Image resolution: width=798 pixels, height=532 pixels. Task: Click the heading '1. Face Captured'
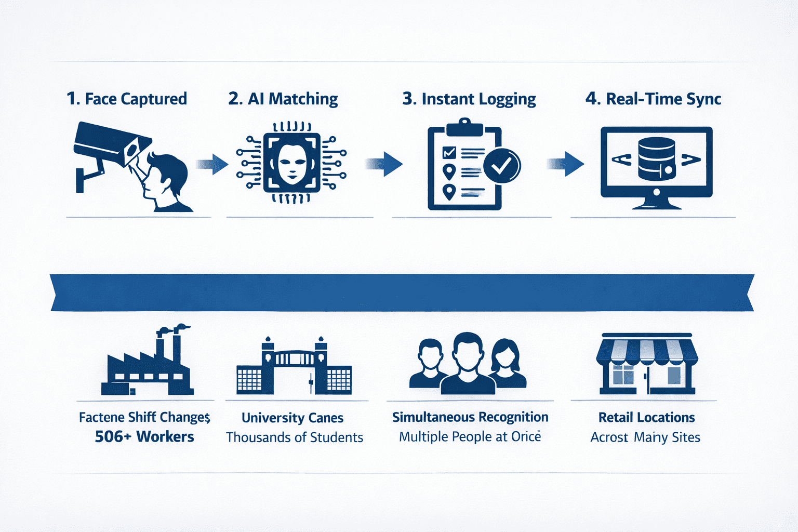[127, 99]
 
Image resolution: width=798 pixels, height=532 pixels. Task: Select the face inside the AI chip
[291, 163]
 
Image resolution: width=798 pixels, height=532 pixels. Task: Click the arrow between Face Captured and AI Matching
[213, 165]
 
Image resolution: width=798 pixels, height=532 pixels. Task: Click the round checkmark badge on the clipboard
[502, 166]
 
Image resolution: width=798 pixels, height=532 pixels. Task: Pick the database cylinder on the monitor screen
[656, 159]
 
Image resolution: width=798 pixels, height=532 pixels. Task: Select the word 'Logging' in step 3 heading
[507, 99]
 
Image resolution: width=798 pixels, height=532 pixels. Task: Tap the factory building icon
[147, 364]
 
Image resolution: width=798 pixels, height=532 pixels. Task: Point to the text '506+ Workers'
[144, 436]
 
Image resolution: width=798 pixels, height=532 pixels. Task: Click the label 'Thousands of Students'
[295, 437]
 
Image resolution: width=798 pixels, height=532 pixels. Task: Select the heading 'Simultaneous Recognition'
[470, 417]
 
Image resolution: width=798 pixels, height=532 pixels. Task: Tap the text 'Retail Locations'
[646, 418]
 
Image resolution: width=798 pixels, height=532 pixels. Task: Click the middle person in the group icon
[468, 364]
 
